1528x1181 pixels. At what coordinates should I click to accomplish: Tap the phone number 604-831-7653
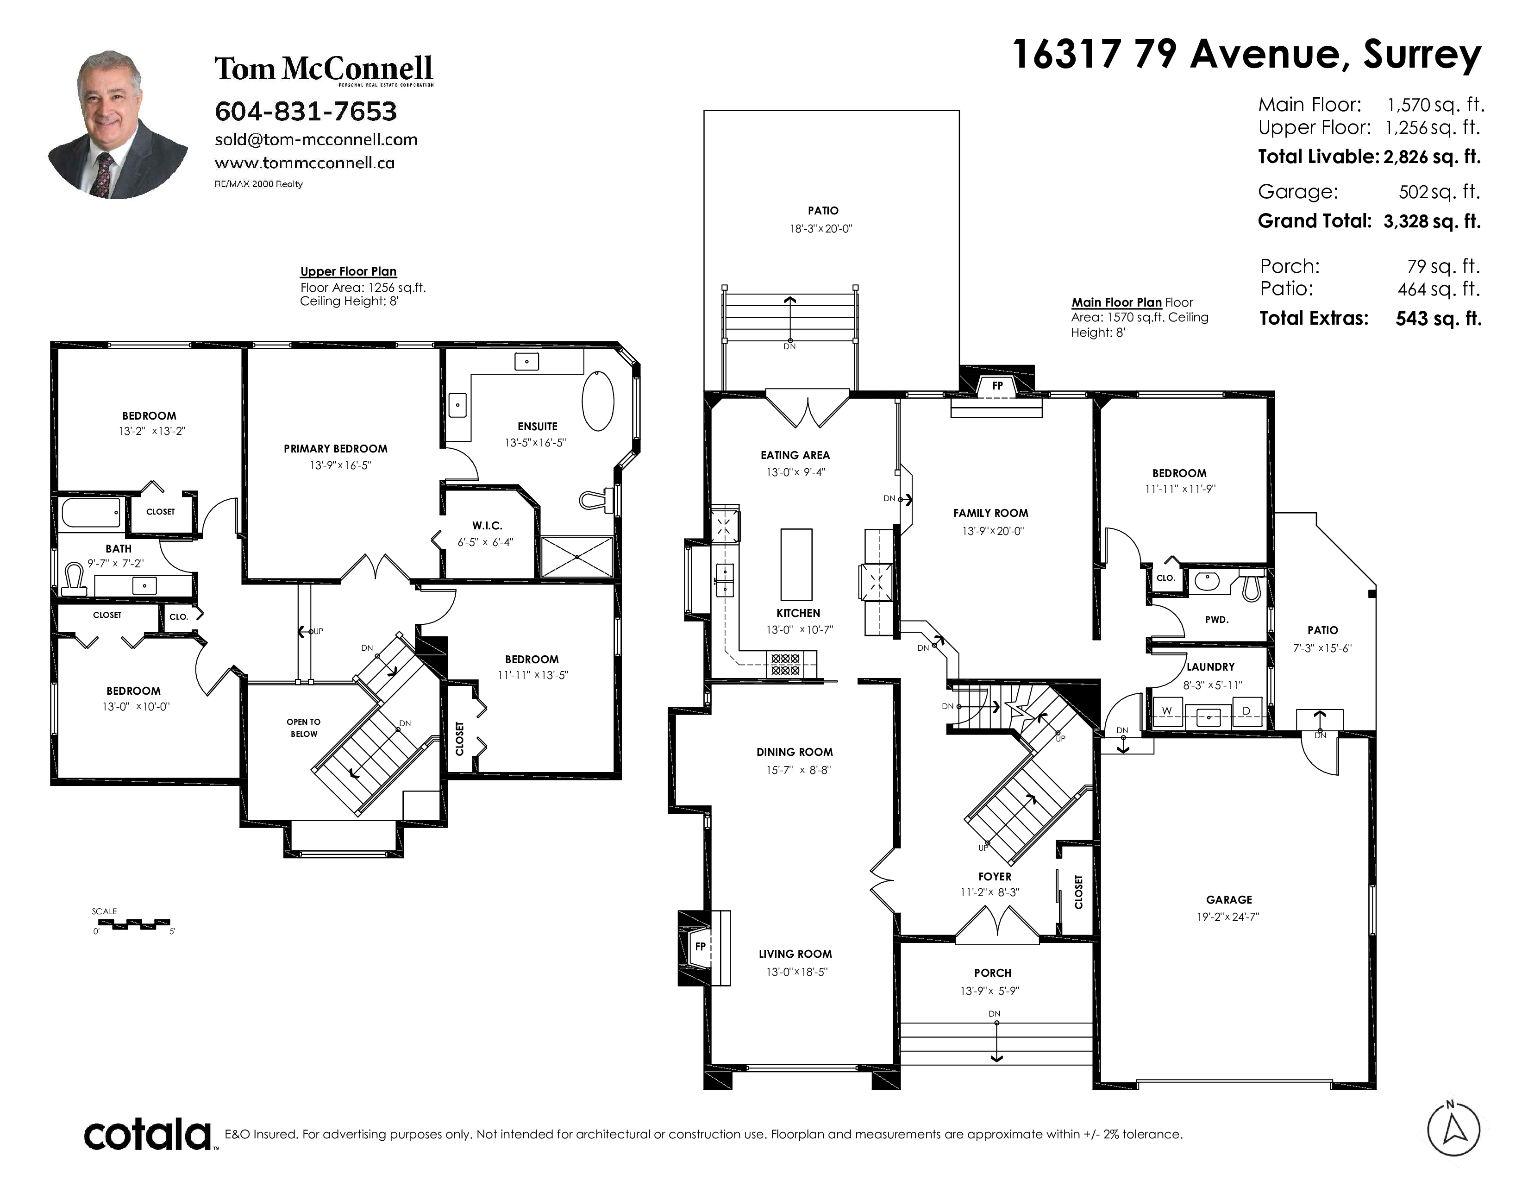pyautogui.click(x=306, y=111)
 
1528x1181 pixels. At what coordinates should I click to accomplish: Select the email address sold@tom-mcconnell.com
pyautogui.click(x=315, y=139)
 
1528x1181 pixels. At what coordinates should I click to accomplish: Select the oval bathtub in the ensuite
pyautogui.click(x=598, y=401)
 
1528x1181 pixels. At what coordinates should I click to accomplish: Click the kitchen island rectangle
pyautogui.click(x=796, y=564)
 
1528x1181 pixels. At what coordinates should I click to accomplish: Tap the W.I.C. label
pyautogui.click(x=487, y=526)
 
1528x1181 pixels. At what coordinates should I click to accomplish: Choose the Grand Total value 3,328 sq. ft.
pyautogui.click(x=1432, y=222)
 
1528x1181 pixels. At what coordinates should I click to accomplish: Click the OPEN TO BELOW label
pyautogui.click(x=304, y=728)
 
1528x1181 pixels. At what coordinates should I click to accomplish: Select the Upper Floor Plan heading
pyautogui.click(x=348, y=271)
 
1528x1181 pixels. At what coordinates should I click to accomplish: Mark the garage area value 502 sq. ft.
pyautogui.click(x=1440, y=192)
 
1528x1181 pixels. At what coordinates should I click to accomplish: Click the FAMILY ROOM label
pyautogui.click(x=991, y=513)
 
